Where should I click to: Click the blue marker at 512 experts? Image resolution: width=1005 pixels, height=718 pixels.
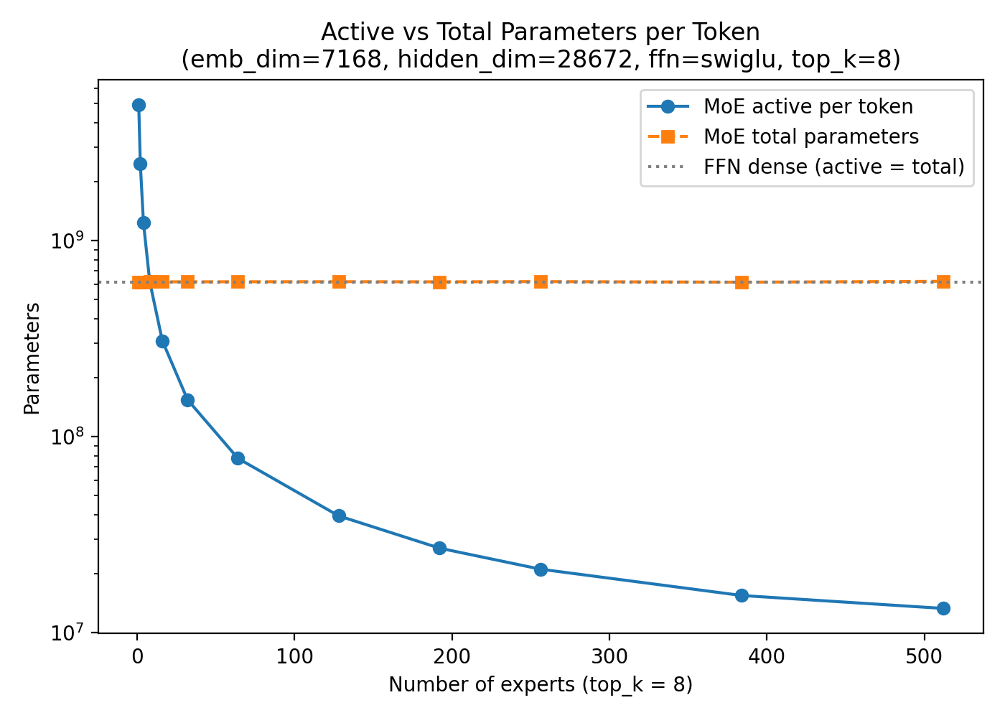click(x=943, y=608)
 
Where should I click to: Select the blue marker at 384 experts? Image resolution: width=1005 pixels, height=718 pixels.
click(x=742, y=595)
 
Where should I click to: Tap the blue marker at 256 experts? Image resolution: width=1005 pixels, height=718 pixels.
click(x=541, y=569)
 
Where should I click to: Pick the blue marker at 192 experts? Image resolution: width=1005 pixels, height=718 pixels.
click(x=439, y=548)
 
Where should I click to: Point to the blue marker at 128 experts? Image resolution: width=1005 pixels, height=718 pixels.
click(x=339, y=516)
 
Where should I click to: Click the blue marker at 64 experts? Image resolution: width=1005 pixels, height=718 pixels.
click(x=238, y=458)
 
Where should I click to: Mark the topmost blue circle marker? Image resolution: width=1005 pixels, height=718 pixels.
click(x=139, y=105)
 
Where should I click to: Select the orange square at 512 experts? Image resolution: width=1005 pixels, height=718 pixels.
click(x=943, y=282)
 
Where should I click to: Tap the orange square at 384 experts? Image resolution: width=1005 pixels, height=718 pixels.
click(x=742, y=282)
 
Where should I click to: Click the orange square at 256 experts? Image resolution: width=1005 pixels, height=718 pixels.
click(x=541, y=281)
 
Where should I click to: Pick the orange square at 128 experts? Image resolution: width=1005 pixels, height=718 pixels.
click(x=339, y=281)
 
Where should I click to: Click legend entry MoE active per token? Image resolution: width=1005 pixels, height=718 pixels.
click(x=808, y=107)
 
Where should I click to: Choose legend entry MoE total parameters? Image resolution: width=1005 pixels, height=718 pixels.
click(x=810, y=136)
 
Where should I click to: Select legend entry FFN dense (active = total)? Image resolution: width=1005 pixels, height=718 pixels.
click(x=833, y=167)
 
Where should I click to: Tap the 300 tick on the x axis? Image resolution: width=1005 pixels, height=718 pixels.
click(x=609, y=655)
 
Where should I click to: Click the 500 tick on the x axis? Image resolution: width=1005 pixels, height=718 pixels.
click(x=924, y=655)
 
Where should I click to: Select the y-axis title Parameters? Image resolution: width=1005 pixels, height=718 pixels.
click(x=32, y=358)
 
